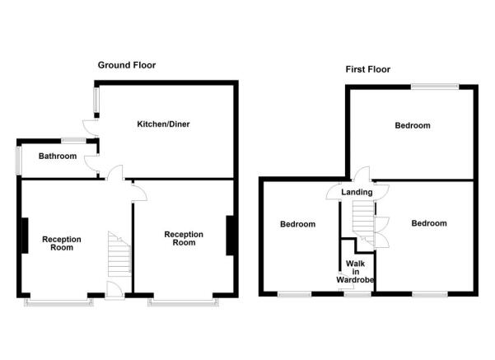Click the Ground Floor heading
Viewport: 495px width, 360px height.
126,65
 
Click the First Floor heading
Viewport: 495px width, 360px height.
367,70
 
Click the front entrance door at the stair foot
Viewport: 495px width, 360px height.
114,289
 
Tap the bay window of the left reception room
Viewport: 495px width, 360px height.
58,302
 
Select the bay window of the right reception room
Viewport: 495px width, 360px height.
184,302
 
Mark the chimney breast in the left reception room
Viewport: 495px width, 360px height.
25,237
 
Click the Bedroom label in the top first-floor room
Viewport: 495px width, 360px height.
412,126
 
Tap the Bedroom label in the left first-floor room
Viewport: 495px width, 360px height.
297,224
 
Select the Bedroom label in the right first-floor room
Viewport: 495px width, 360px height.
429,223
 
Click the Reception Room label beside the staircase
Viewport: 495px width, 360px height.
63,243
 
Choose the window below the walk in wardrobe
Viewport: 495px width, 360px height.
357,293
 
